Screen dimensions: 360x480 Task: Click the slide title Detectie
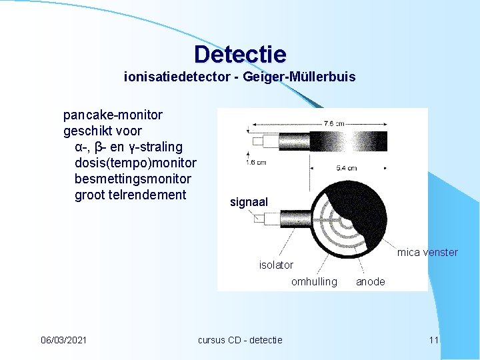point(240,54)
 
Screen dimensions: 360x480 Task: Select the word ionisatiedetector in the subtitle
point(171,77)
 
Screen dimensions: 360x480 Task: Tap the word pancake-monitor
point(113,115)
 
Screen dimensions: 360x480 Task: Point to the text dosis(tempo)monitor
point(135,163)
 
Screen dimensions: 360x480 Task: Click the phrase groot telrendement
point(130,195)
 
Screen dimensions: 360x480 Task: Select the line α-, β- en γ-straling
point(129,147)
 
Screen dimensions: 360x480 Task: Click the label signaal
point(249,201)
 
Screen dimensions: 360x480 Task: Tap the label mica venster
point(427,252)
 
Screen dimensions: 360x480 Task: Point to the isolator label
point(276,265)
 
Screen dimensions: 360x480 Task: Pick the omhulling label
point(314,281)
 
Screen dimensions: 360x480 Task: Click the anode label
point(370,281)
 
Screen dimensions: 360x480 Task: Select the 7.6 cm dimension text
point(334,123)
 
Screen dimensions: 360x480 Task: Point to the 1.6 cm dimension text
point(255,162)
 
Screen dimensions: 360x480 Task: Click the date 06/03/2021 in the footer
point(63,340)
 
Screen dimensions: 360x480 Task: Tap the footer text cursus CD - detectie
point(240,340)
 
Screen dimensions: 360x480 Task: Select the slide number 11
point(434,340)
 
